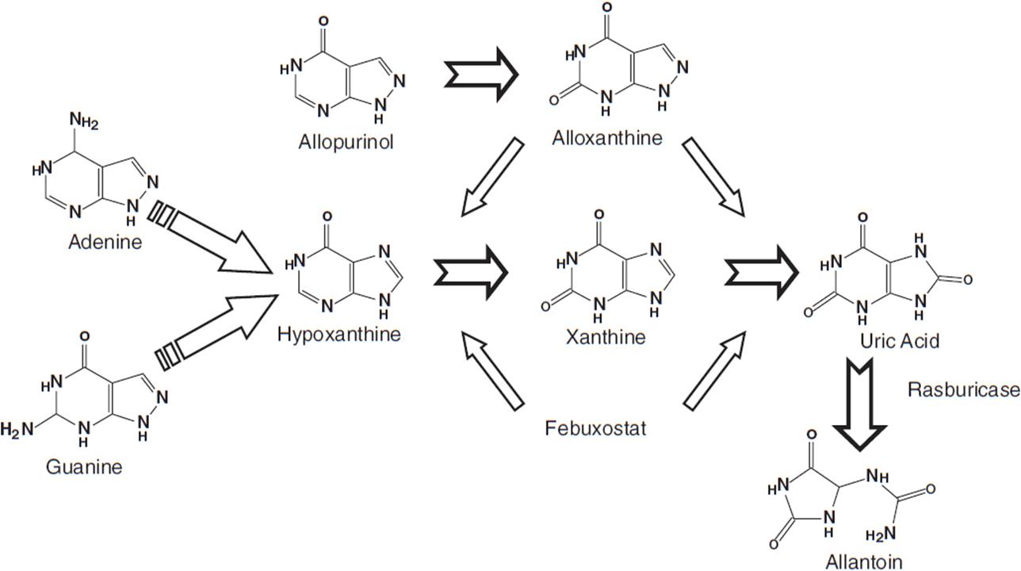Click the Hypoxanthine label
[x=339, y=334]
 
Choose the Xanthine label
[x=606, y=337]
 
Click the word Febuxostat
[x=595, y=429]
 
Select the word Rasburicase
[x=962, y=389]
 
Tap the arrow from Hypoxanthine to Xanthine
[x=471, y=272]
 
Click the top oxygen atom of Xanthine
[x=598, y=214]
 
